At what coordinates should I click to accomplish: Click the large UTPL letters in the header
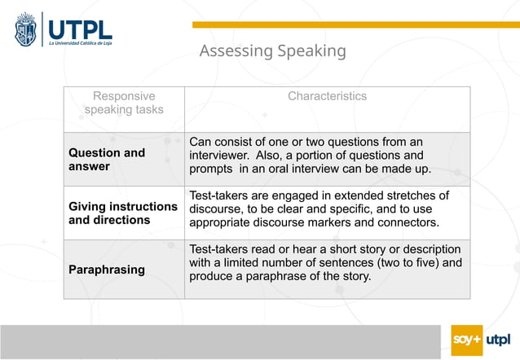pyautogui.click(x=80, y=27)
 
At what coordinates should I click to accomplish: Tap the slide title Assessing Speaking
pyautogui.click(x=272, y=51)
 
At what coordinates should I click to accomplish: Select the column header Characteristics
pyautogui.click(x=327, y=96)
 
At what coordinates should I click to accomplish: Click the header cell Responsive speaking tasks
pyautogui.click(x=124, y=103)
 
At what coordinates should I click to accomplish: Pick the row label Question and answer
pyautogui.click(x=107, y=160)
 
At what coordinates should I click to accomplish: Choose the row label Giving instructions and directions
pyautogui.click(x=123, y=213)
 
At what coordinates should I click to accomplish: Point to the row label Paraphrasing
pyautogui.click(x=107, y=270)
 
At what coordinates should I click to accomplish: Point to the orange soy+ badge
pyautogui.click(x=467, y=340)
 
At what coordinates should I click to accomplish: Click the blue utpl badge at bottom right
pyautogui.click(x=498, y=340)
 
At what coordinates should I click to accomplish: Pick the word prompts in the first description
pyautogui.click(x=210, y=169)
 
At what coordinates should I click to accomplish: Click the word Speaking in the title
pyautogui.click(x=311, y=51)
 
